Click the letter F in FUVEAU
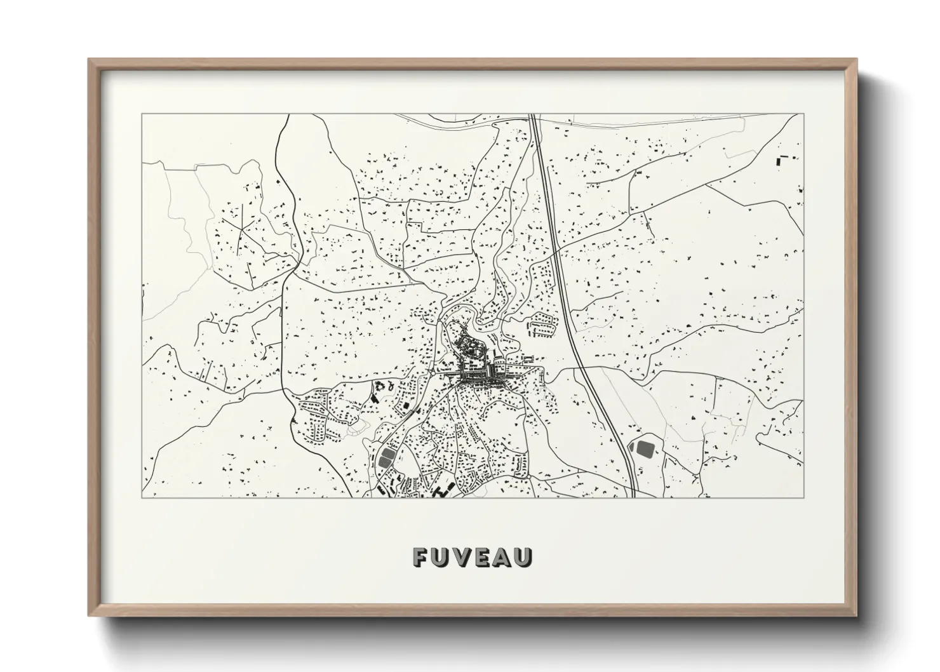(421, 557)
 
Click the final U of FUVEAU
(524, 557)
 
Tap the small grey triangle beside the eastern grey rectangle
(631, 447)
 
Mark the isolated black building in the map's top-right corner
(778, 161)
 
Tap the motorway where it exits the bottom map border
(634, 496)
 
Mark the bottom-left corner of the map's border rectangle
(142, 497)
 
